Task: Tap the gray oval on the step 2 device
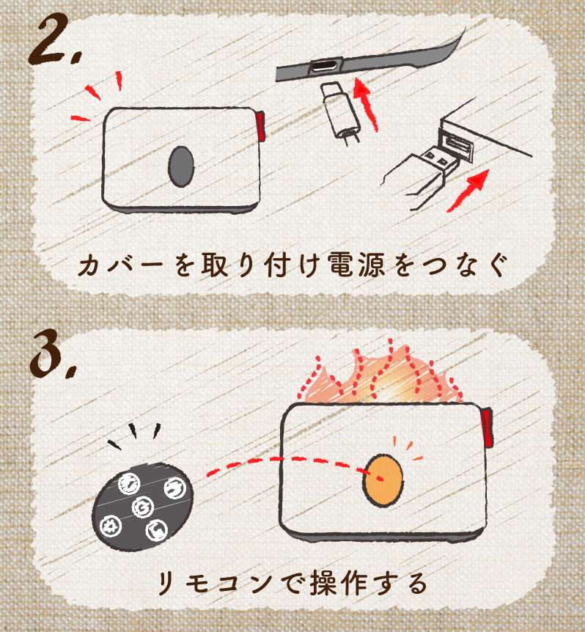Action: pyautogui.click(x=181, y=166)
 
